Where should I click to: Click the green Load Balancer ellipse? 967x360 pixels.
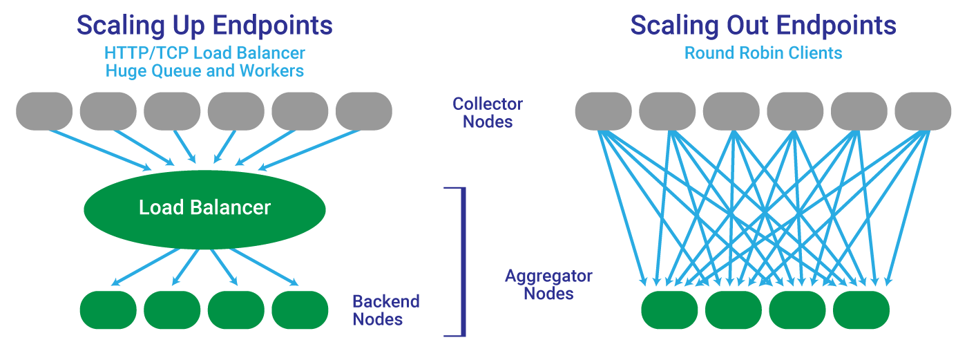[204, 209]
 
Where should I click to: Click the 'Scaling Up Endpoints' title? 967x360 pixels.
[204, 26]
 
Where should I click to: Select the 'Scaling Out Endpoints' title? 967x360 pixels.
[763, 25]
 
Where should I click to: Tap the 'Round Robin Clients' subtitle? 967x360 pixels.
[763, 53]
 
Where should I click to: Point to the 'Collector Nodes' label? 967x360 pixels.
[488, 113]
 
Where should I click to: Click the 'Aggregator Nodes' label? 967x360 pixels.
[548, 285]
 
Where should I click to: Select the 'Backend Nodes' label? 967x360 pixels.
[386, 310]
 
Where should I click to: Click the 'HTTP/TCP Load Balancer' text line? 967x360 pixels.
[204, 53]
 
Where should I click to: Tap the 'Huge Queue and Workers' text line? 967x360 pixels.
[204, 70]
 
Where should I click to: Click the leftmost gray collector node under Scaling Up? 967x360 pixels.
[44, 111]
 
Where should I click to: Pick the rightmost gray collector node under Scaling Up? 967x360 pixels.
[364, 111]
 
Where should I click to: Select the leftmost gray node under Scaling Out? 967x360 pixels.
[604, 111]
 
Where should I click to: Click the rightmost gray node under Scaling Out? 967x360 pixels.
[923, 111]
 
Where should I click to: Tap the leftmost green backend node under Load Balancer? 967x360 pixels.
[108, 310]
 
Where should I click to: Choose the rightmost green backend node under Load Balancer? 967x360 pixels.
[300, 310]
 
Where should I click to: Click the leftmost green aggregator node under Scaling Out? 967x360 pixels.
[669, 310]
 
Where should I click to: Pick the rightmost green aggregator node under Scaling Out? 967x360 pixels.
[861, 310]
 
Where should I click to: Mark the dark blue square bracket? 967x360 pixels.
[464, 262]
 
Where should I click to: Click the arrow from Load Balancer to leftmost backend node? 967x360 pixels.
[145, 267]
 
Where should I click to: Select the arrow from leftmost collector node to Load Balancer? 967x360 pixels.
[99, 150]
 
